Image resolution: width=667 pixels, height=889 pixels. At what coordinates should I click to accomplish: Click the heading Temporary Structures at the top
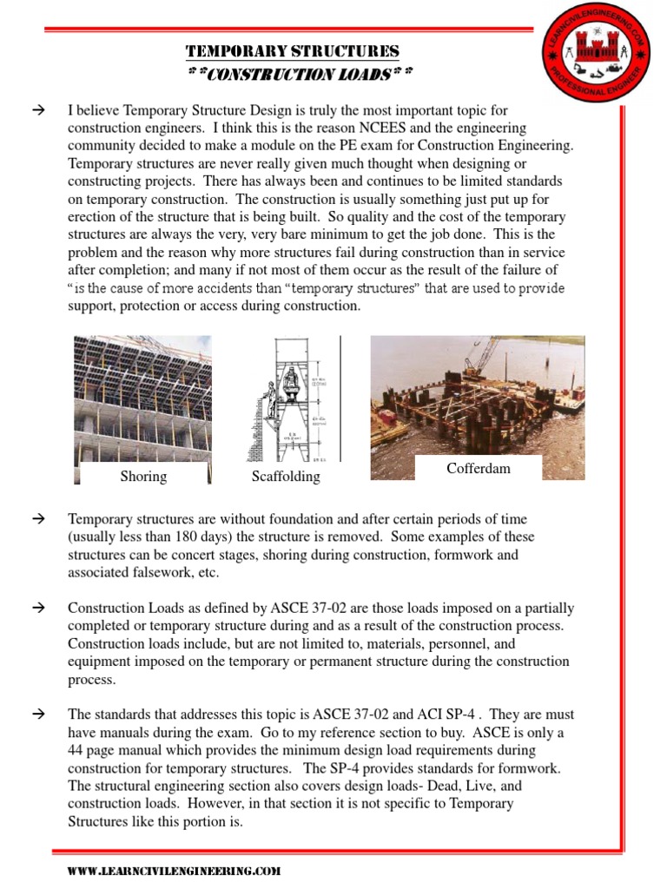294,51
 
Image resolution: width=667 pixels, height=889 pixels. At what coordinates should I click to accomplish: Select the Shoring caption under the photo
143,477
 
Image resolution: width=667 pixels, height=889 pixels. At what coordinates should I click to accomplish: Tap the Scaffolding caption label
286,477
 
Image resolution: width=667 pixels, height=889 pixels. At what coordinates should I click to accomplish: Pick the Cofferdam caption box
479,468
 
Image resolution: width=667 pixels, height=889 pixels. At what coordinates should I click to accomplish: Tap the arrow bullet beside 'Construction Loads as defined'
38,608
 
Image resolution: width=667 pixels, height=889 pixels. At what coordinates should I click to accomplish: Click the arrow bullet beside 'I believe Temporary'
38,110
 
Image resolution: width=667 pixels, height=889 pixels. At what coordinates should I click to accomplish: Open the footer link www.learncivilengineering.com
174,871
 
